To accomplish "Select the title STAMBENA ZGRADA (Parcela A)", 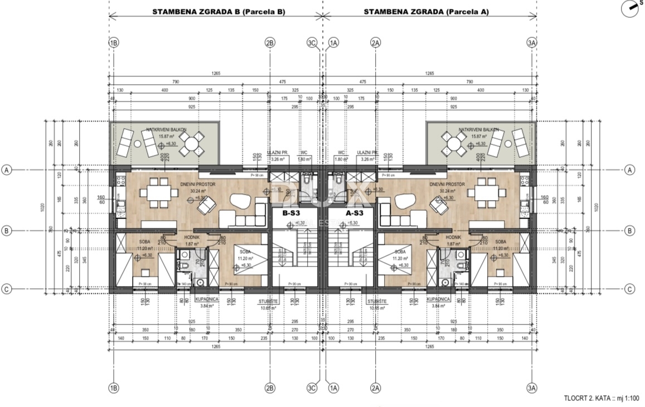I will click(426, 11).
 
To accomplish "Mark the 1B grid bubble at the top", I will click(114, 42).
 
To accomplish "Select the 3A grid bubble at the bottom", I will click(531, 388).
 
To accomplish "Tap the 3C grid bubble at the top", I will click(312, 42).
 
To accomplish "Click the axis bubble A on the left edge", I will click(7, 170).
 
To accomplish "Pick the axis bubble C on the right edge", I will click(629, 289).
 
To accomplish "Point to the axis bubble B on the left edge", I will click(7, 230).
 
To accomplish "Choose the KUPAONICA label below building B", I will click(206, 299).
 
